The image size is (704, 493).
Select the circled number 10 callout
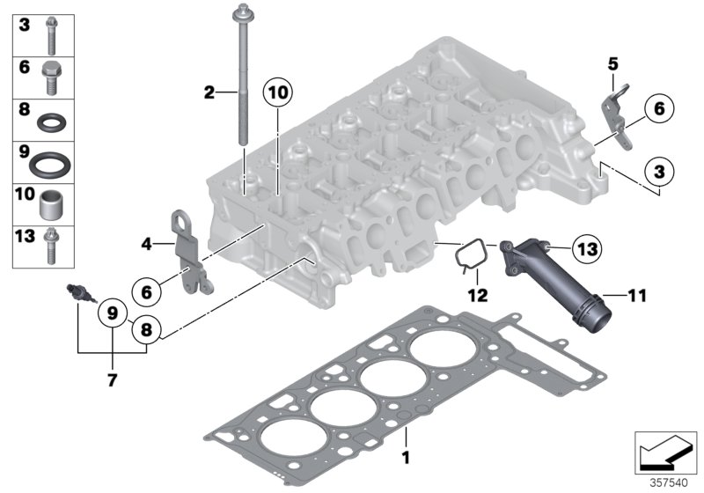[x=277, y=92]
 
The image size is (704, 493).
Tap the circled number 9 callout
[x=113, y=313]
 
